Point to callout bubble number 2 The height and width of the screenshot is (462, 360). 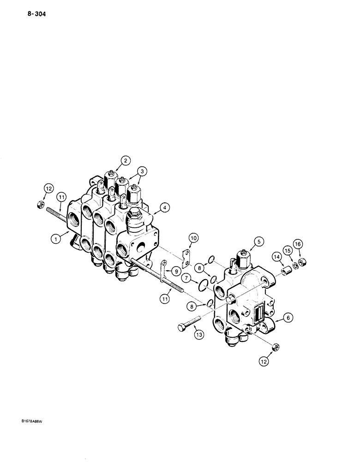click(x=124, y=161)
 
